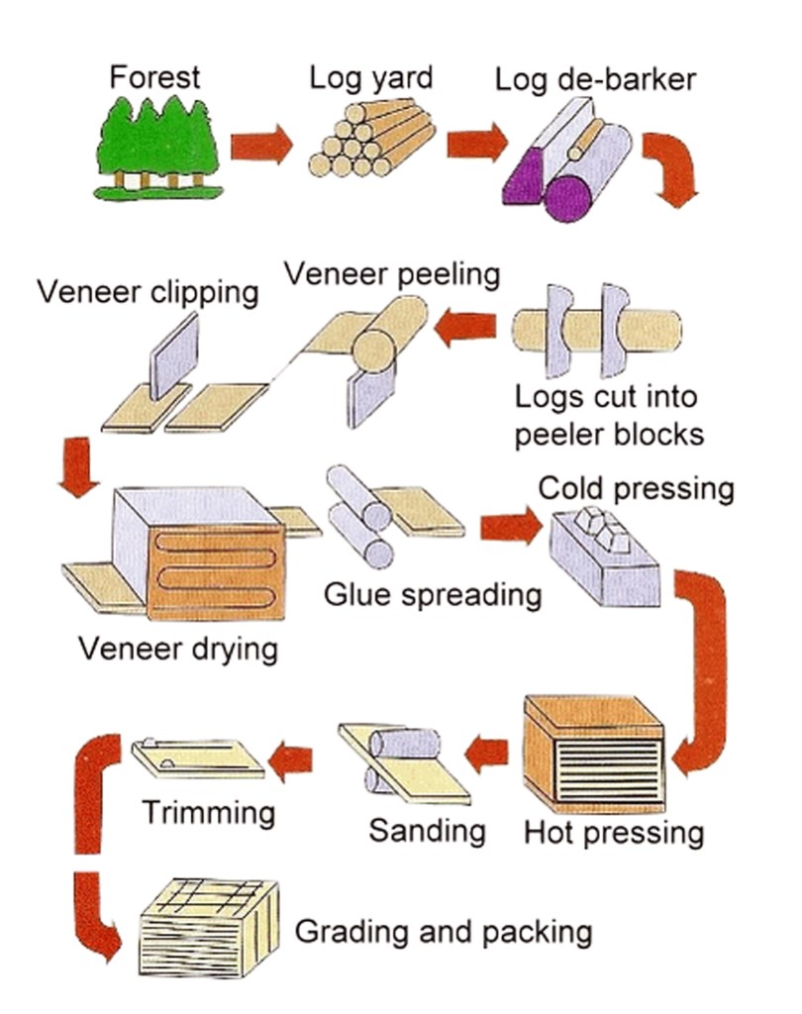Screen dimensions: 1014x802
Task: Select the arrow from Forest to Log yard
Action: click(261, 146)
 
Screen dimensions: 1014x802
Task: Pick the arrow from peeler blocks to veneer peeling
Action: click(466, 328)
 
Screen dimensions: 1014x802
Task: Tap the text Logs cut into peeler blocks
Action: click(606, 417)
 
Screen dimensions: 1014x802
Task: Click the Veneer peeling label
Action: click(393, 274)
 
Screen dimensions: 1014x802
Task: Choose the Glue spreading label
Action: click(433, 595)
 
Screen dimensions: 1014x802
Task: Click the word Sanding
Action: click(427, 830)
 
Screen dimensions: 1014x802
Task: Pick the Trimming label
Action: click(209, 813)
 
